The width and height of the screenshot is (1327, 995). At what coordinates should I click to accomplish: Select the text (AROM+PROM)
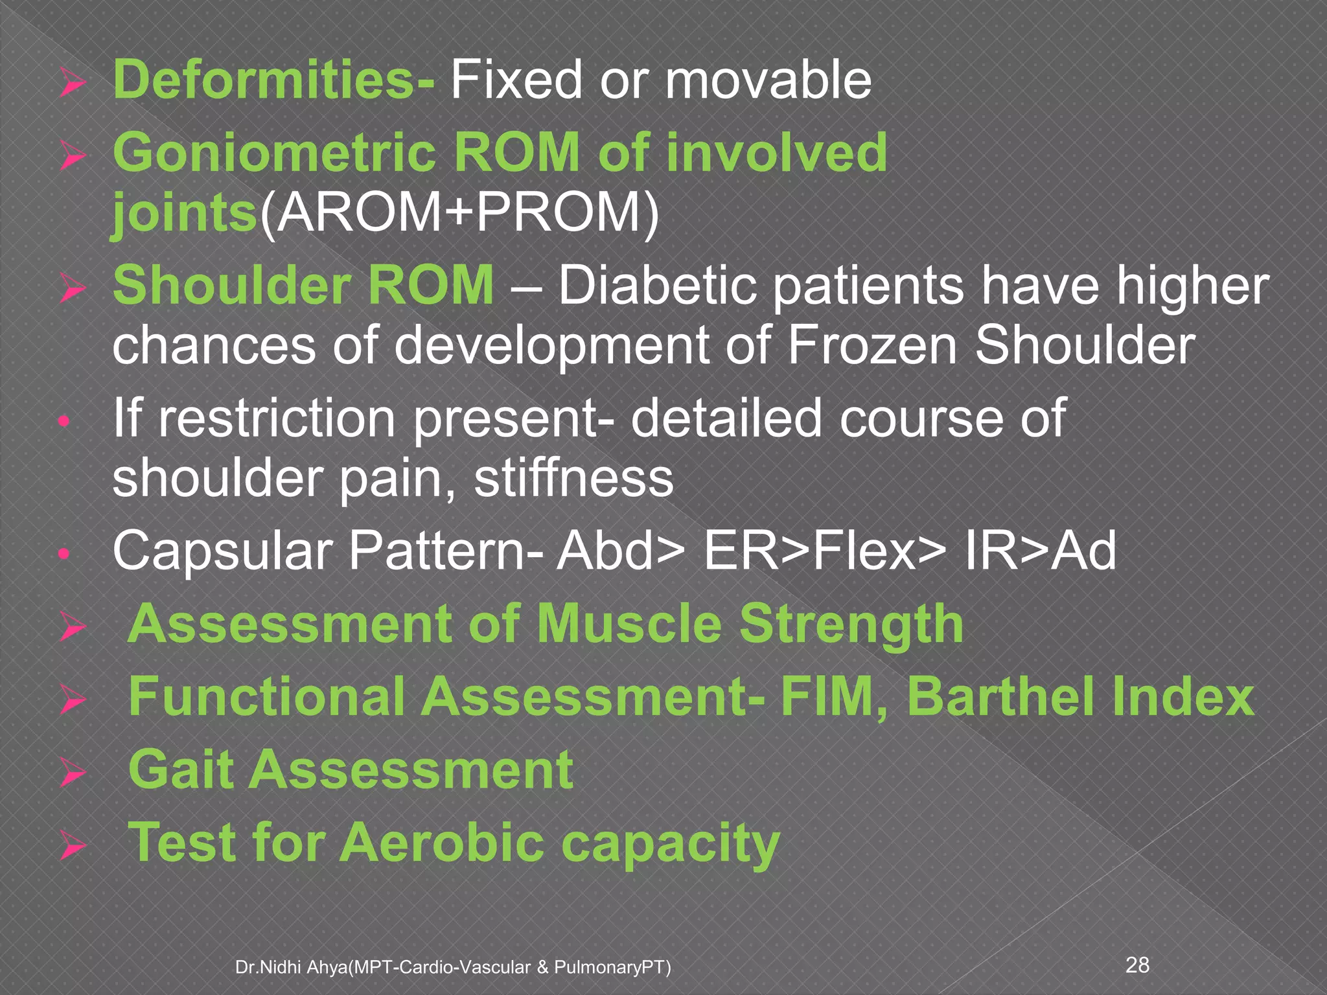point(459,214)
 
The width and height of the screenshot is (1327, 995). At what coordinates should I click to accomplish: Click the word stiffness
point(573,479)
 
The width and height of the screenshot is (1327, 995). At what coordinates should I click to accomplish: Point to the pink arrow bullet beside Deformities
point(71,84)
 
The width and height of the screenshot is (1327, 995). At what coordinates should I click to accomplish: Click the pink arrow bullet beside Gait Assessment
point(71,773)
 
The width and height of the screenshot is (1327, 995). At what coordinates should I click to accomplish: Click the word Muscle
point(629,624)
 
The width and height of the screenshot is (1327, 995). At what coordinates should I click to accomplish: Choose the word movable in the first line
point(768,80)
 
